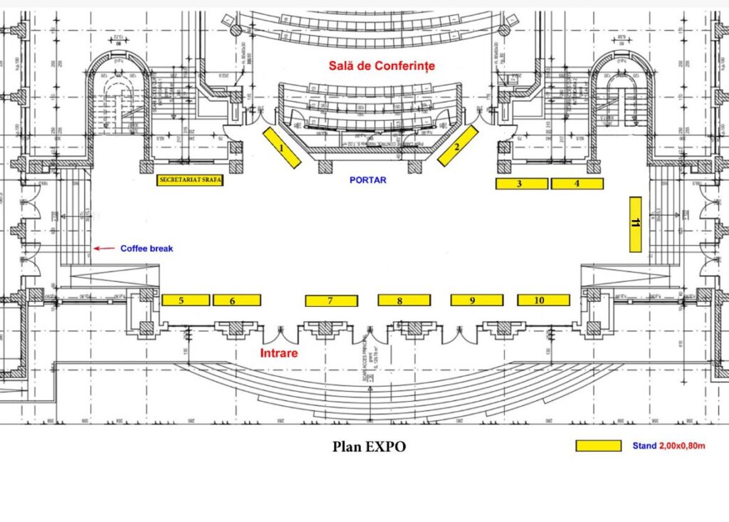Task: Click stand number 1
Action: pos(282,148)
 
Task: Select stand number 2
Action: pos(456,146)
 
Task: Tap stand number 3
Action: pos(522,184)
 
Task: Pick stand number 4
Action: pos(577,184)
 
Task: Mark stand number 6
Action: pos(237,301)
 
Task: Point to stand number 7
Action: pos(331,301)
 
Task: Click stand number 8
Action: pos(404,301)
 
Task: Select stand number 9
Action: pos(476,301)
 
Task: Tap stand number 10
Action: pos(543,300)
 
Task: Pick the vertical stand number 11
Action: pos(636,224)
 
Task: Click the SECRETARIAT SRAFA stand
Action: pos(190,181)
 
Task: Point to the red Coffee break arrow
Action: pos(104,249)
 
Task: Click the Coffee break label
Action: pos(147,249)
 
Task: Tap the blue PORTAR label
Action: pos(368,180)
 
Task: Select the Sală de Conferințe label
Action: pos(381,66)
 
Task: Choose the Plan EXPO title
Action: pos(369,447)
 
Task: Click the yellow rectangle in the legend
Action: pos(598,446)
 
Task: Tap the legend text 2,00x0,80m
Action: pos(681,446)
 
